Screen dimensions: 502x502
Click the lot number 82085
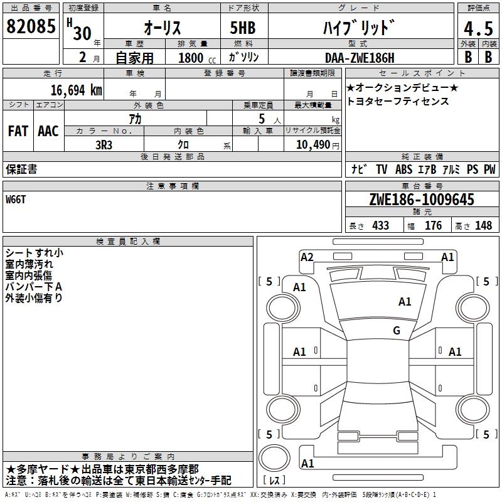(x=31, y=26)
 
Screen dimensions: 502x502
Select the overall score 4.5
(x=478, y=29)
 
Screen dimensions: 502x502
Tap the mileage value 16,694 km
(x=76, y=90)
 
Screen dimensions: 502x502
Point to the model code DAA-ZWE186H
(x=360, y=58)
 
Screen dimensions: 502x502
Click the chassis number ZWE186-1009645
(x=422, y=200)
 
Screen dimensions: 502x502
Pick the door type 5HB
(x=243, y=28)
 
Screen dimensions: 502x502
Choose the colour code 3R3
(x=104, y=145)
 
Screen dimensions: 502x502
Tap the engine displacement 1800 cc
(x=197, y=58)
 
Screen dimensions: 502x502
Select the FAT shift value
(x=18, y=131)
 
